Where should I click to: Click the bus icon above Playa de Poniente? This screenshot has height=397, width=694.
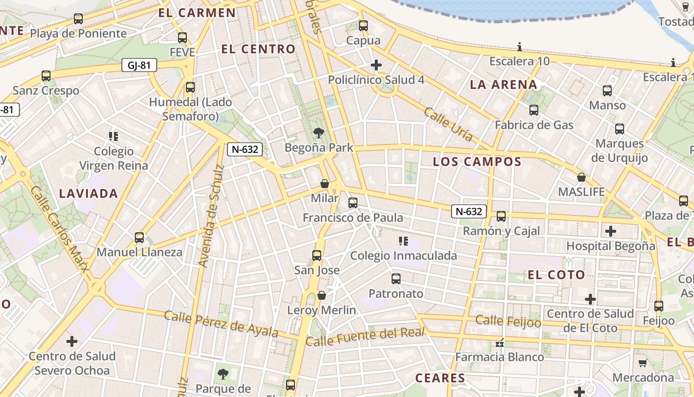pos(78,19)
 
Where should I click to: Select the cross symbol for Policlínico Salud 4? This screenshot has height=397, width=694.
pos(376,65)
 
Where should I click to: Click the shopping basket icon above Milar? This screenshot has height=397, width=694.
pos(325,184)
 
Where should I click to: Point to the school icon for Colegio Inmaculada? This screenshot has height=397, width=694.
pos(403,241)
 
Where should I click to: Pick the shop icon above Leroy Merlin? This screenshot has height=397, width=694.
pos(322,295)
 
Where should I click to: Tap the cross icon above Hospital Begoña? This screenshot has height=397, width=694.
pos(611,231)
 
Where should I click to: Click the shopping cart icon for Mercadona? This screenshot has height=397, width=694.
pos(643,363)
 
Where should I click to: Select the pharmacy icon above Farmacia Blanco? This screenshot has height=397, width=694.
pos(500,342)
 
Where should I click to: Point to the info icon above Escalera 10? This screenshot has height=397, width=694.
pos(520,47)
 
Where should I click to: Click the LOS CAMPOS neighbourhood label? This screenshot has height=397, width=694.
pos(477,162)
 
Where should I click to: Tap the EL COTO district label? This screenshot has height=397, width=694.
pos(556,275)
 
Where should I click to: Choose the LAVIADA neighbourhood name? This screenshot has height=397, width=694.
pos(89,194)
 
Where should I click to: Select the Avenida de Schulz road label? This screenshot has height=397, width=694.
pos(211,216)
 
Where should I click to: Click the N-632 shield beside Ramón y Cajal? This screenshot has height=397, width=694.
pos(468,211)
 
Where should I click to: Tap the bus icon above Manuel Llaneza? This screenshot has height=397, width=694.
pos(139,238)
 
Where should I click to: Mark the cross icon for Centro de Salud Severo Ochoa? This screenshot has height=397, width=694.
pos(72,341)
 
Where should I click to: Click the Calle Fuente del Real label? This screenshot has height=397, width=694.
pos(365,337)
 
